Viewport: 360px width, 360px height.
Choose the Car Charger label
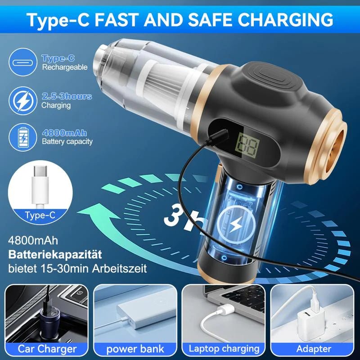(x=47, y=348)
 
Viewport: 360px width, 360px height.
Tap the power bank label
(x=135, y=348)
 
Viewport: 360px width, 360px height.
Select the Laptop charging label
(x=224, y=348)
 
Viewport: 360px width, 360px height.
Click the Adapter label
(x=313, y=348)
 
